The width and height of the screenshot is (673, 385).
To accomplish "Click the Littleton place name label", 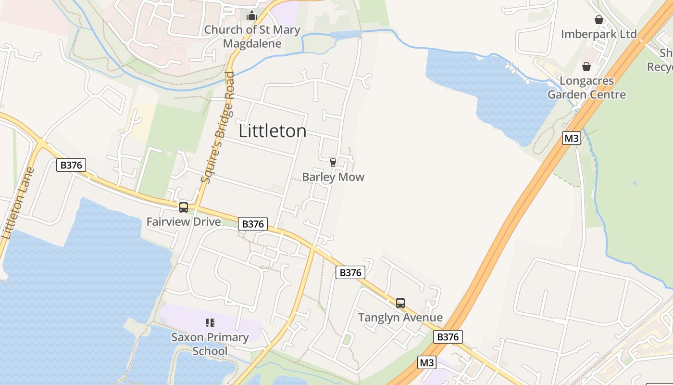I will [x=273, y=131].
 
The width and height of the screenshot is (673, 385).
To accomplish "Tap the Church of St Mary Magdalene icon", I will [x=252, y=16].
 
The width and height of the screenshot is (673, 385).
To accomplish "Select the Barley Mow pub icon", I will [x=333, y=163].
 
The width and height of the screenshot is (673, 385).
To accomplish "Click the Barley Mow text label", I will [x=333, y=177].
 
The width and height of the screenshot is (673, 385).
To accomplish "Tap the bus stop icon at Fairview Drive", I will [x=184, y=207].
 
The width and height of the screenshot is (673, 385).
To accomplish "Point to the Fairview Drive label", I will [x=184, y=222].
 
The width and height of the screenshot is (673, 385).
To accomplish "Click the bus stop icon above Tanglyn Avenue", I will [x=400, y=303].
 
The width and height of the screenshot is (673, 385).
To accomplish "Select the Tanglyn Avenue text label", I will [x=400, y=318].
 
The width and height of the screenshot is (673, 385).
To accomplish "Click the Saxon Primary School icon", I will [x=210, y=322].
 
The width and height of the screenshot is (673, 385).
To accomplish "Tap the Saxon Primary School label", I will [x=210, y=344].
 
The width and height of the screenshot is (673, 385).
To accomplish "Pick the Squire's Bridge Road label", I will [x=218, y=128].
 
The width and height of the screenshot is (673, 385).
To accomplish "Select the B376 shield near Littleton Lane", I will [x=71, y=165].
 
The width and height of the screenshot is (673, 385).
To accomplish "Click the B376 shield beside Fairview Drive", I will [x=253, y=224].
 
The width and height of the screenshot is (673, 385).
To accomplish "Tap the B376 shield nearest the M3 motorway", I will [x=448, y=337].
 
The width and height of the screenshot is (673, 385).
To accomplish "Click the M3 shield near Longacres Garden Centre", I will [x=572, y=139].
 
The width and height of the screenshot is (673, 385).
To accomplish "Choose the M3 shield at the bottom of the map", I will [x=427, y=362].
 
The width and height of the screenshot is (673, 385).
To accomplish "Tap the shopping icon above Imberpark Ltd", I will [x=599, y=20].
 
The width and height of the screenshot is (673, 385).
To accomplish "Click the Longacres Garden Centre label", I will [x=586, y=87].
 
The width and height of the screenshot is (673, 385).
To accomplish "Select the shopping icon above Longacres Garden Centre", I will [x=586, y=66].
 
